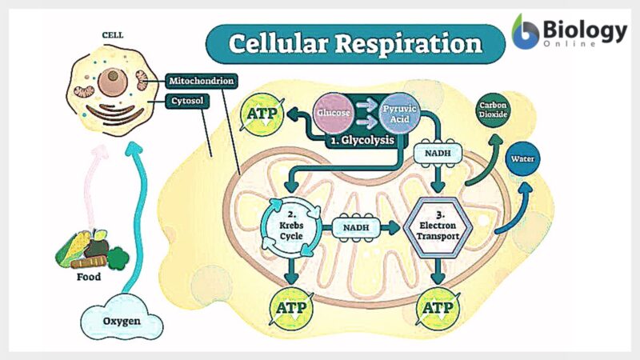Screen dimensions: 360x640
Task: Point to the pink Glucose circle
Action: (332, 114)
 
